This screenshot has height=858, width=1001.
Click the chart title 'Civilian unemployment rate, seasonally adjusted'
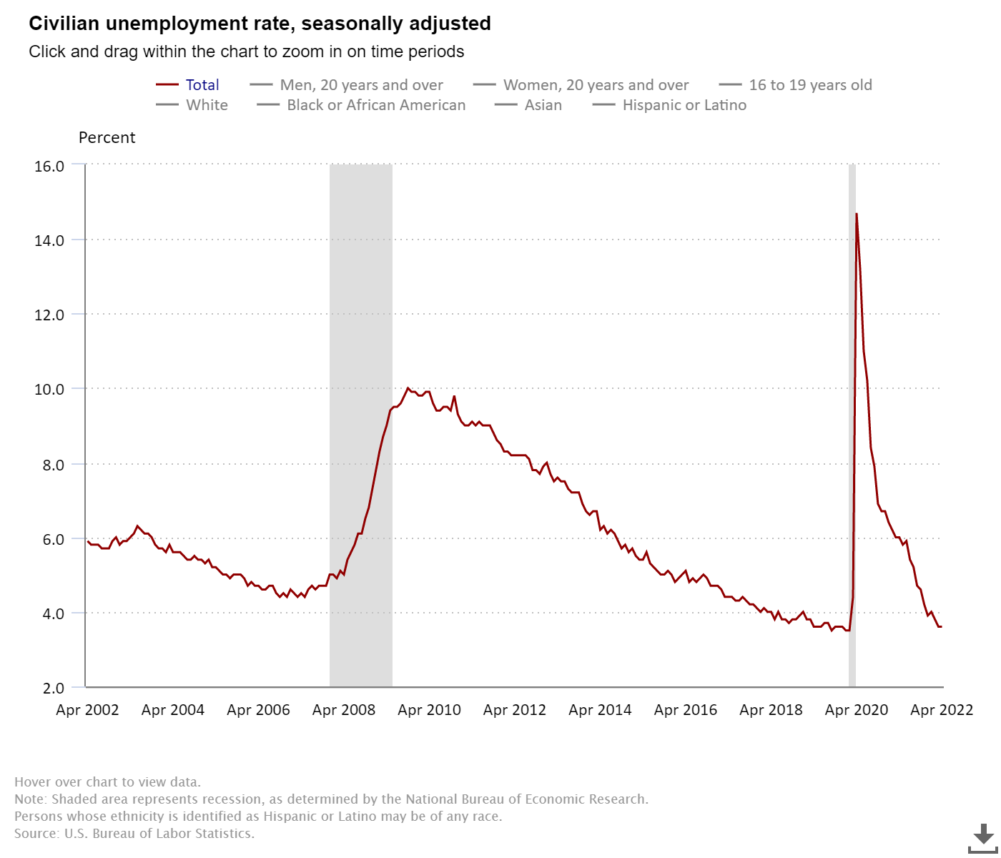(260, 24)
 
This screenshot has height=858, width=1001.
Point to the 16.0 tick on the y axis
(49, 166)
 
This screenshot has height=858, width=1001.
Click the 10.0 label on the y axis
(49, 390)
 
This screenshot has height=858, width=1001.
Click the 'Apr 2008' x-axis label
(344, 710)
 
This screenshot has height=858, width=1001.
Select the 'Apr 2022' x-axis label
(942, 710)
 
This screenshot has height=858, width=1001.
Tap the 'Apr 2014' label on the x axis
(600, 710)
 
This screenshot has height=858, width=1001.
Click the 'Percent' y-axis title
(107, 138)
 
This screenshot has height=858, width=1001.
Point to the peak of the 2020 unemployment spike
(857, 214)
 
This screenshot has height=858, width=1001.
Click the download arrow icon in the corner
(983, 837)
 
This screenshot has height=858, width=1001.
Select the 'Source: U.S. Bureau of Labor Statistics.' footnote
(134, 834)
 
